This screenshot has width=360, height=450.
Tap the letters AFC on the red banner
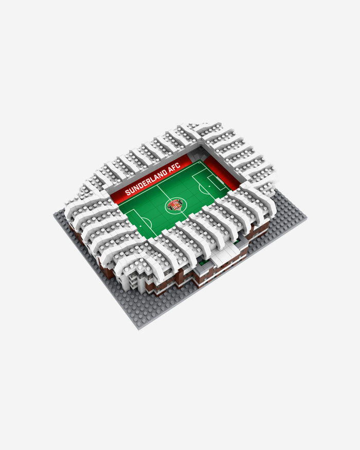175,167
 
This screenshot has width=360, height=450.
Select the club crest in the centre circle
175,205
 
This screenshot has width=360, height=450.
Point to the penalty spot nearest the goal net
209,186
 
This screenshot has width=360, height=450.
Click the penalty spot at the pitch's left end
140,226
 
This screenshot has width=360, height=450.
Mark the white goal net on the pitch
220,179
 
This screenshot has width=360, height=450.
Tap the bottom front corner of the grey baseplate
139,330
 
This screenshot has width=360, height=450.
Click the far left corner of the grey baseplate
55,214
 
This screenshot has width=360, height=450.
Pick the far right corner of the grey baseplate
306,218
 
